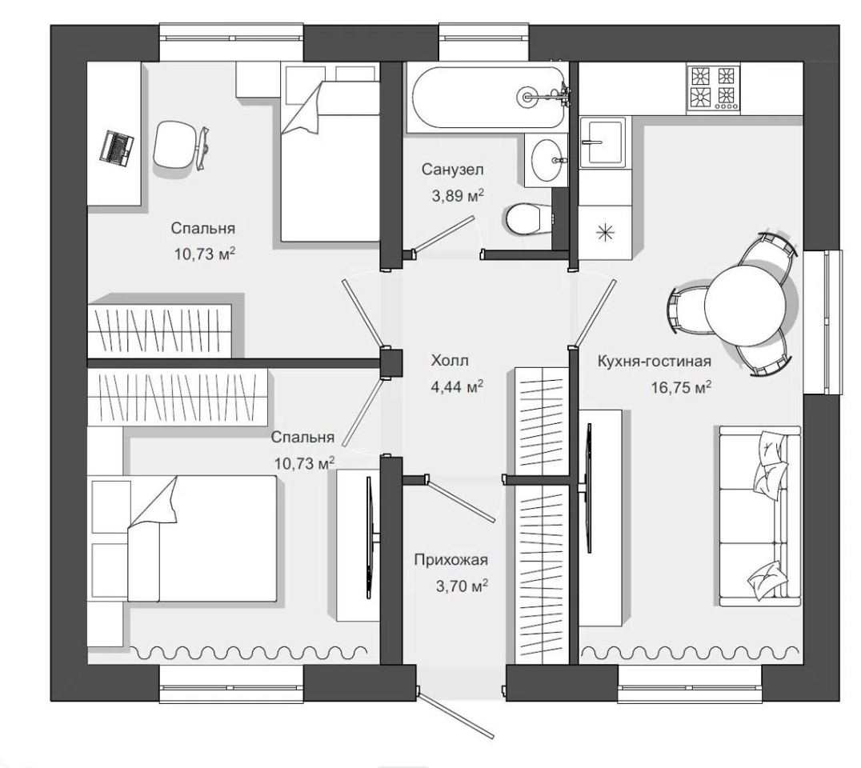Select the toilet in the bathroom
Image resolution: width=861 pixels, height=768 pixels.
(x=527, y=219)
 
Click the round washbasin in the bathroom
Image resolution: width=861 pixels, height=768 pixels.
(x=547, y=159)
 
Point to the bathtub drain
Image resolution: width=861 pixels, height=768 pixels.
(x=527, y=97)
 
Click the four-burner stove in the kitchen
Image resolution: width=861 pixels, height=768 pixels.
(x=713, y=88)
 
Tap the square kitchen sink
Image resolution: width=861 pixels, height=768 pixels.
(x=603, y=142)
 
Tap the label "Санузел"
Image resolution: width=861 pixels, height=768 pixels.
(x=452, y=170)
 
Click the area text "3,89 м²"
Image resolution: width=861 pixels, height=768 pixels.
(x=458, y=195)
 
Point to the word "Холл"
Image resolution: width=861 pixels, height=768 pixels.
(x=450, y=361)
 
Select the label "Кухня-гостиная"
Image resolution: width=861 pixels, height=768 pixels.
(x=654, y=362)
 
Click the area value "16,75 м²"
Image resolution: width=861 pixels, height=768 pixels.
(x=681, y=387)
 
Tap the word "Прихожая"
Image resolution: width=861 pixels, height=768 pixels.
(x=451, y=560)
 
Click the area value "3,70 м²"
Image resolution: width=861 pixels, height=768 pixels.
(x=462, y=586)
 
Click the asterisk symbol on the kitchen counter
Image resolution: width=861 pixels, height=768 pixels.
(x=605, y=233)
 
